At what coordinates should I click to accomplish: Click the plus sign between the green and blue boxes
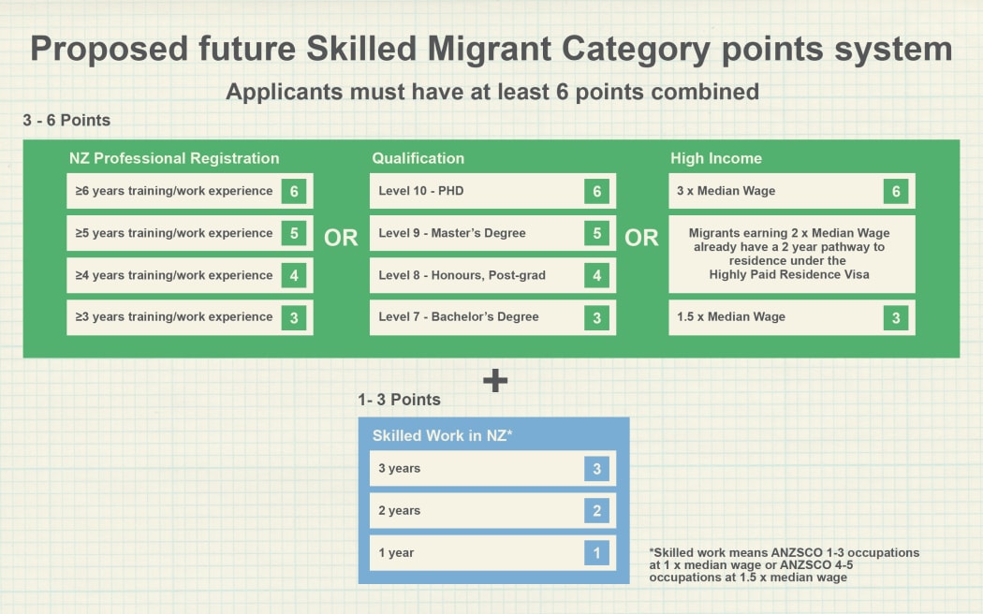(x=494, y=380)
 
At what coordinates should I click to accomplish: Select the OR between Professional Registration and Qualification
(x=341, y=238)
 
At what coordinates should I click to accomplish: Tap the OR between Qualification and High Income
(x=641, y=238)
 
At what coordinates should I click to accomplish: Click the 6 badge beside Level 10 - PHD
(x=597, y=191)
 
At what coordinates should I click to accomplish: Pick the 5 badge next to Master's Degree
(x=597, y=233)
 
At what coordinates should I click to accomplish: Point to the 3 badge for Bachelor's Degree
(x=597, y=317)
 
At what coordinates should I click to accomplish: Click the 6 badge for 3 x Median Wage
(x=896, y=191)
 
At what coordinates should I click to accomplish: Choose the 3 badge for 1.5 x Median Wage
(x=896, y=317)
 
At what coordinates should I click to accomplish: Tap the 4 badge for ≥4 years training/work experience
(x=294, y=275)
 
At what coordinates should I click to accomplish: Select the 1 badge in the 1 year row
(x=597, y=552)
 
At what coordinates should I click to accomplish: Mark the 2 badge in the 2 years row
(x=597, y=510)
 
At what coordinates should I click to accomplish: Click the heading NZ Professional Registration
(x=174, y=158)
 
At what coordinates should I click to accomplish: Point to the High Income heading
(x=716, y=158)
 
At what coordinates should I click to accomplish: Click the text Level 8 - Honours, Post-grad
(x=462, y=275)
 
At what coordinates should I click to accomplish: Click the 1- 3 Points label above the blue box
(x=399, y=400)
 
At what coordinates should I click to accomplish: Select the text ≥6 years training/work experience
(x=174, y=191)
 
